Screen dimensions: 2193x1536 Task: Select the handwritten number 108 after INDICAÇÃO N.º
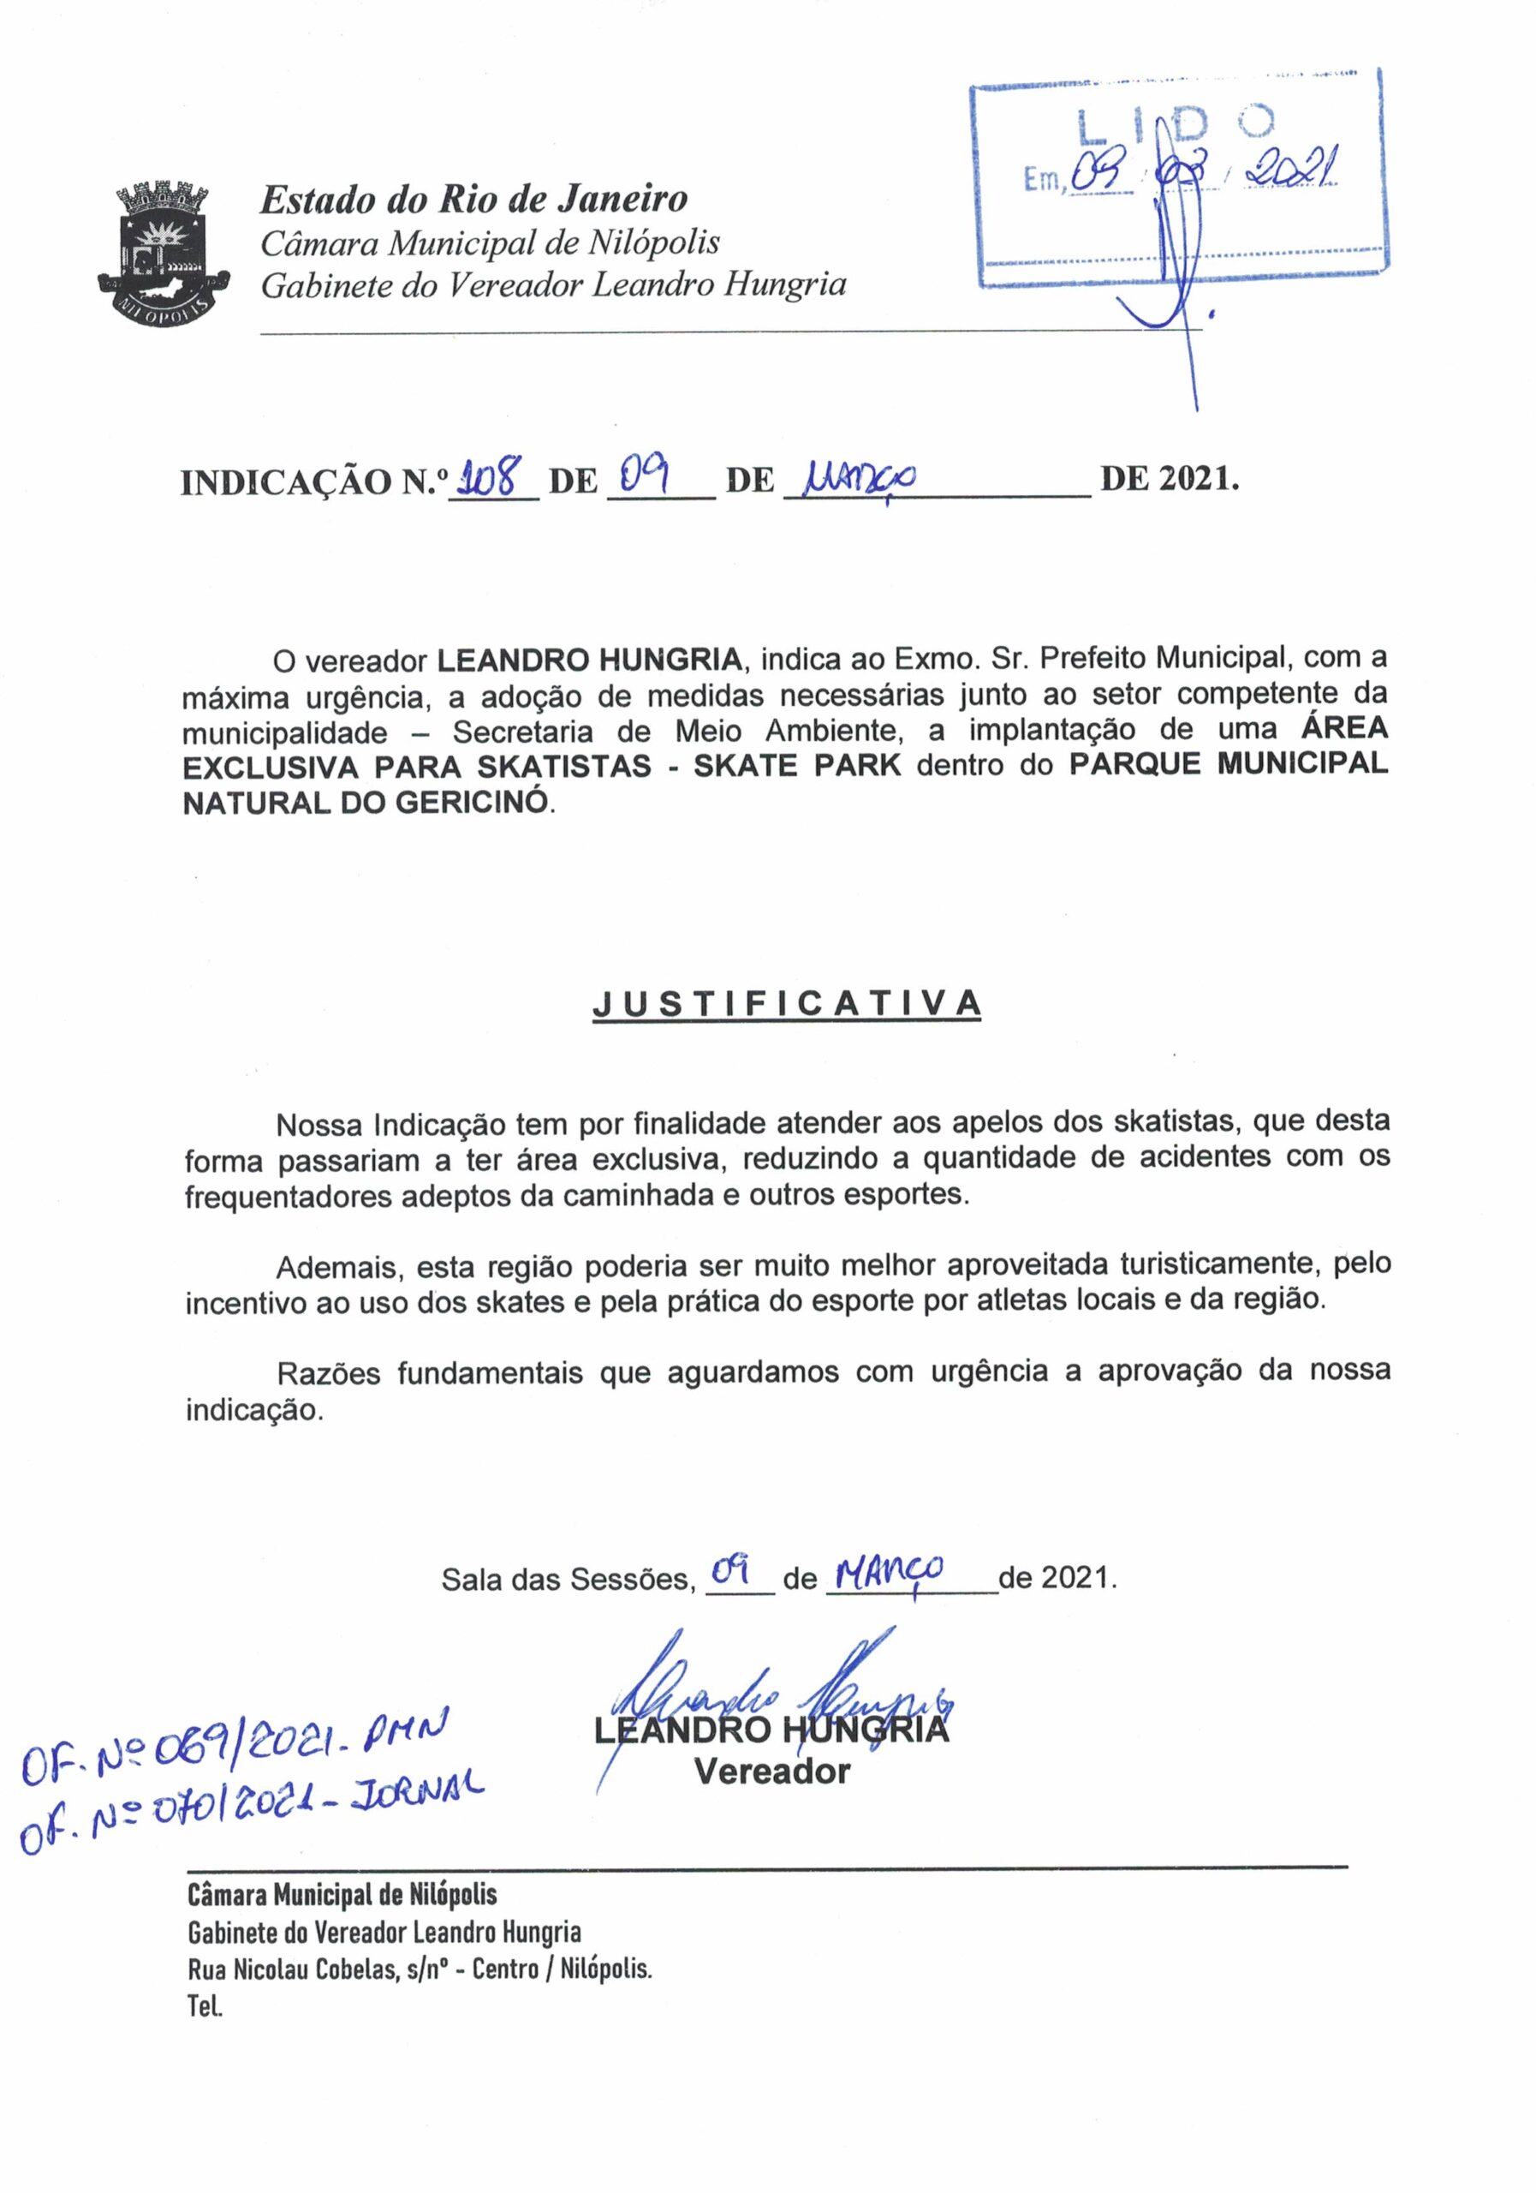493,475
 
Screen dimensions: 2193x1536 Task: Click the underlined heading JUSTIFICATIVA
787,1004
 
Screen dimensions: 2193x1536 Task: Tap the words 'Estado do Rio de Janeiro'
473,199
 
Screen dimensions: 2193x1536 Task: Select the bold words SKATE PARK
797,766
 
